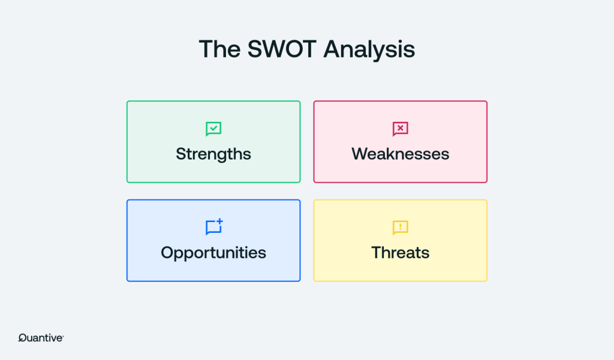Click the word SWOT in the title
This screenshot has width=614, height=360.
(282, 49)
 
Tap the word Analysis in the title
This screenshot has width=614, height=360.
(369, 50)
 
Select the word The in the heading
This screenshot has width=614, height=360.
(219, 49)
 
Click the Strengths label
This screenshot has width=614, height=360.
(213, 154)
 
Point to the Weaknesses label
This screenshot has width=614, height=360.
(400, 154)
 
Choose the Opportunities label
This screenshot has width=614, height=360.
(213, 253)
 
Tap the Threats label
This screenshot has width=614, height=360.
(400, 253)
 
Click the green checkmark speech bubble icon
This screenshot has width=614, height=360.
(213, 129)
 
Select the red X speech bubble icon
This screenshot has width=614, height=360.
(400, 129)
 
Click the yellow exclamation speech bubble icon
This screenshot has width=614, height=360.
(400, 227)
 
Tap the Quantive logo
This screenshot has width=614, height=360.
(41, 338)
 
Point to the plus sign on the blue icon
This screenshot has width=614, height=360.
(219, 222)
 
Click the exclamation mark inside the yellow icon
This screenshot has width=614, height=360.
(400, 226)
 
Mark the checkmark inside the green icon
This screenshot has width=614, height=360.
(213, 128)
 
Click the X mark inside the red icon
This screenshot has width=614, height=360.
(400, 128)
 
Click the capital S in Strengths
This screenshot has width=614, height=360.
(181, 154)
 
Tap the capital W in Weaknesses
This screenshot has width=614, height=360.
(360, 154)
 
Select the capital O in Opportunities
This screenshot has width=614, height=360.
(168, 253)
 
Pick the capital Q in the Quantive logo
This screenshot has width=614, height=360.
(22, 338)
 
